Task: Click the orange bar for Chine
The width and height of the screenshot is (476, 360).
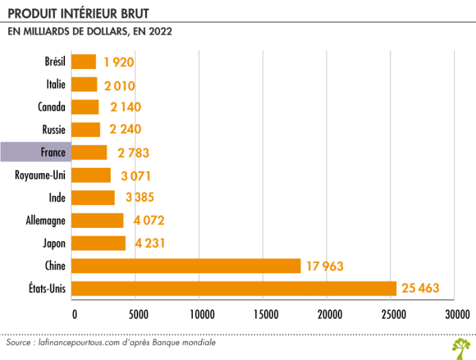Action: (185, 266)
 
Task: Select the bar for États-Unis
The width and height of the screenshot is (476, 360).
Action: (233, 288)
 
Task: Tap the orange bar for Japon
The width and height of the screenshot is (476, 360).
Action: (98, 243)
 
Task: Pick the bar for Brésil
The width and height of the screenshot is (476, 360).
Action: (83, 62)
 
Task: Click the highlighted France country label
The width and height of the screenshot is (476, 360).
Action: (53, 152)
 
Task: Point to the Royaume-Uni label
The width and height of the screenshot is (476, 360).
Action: (40, 175)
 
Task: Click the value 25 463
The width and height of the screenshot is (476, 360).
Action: (420, 288)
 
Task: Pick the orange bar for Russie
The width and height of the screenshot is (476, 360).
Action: (85, 130)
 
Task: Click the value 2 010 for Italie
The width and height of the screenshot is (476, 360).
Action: (119, 85)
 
